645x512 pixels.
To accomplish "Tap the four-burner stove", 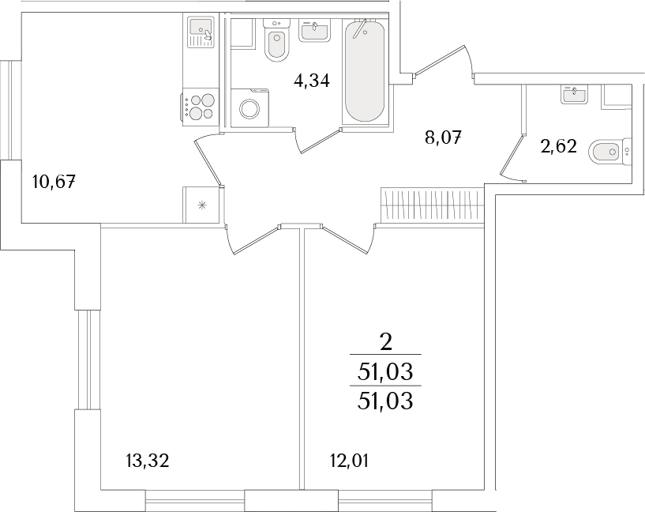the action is pyautogui.click(x=199, y=106).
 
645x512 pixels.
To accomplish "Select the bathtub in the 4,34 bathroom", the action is pyautogui.click(x=365, y=71).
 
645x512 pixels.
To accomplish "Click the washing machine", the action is pyautogui.click(x=249, y=108).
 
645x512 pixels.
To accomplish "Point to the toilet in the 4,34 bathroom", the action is pyautogui.click(x=276, y=40).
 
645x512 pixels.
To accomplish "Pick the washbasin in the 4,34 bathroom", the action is pyautogui.click(x=315, y=32).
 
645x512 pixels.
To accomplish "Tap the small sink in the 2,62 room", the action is pyautogui.click(x=575, y=94).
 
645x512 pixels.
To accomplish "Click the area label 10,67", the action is pyautogui.click(x=54, y=182).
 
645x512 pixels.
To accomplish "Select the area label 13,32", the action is pyautogui.click(x=148, y=461).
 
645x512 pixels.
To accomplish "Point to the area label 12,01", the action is pyautogui.click(x=349, y=461).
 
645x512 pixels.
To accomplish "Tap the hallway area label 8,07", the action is pyautogui.click(x=443, y=138).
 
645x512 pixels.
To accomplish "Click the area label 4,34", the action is pyautogui.click(x=311, y=81).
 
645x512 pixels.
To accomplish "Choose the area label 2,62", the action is pyautogui.click(x=559, y=146).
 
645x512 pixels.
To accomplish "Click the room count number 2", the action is pyautogui.click(x=385, y=343).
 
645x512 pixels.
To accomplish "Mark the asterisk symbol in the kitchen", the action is pyautogui.click(x=202, y=205).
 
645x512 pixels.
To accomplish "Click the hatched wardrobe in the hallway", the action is pyautogui.click(x=432, y=205).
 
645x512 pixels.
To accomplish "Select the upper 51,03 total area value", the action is pyautogui.click(x=385, y=373).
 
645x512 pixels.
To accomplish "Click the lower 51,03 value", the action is pyautogui.click(x=385, y=401).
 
